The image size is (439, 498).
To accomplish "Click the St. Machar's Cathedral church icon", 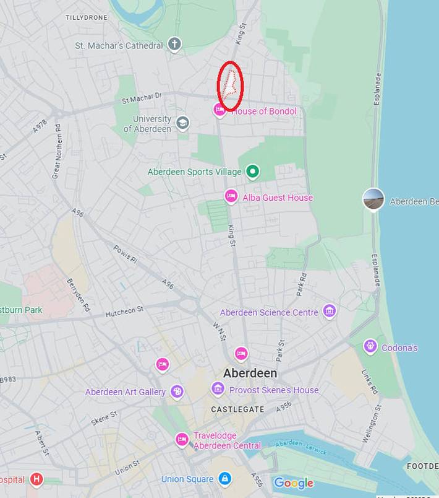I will (175, 45).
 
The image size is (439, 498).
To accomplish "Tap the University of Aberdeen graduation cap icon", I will (182, 123).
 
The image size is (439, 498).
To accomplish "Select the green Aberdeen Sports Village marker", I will (252, 172).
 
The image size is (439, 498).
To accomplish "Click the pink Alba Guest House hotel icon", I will (231, 197).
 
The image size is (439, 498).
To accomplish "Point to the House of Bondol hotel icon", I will (219, 111).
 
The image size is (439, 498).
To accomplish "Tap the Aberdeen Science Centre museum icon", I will (330, 311).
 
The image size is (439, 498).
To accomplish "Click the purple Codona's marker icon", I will (370, 346).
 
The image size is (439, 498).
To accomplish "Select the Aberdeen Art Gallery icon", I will (177, 391).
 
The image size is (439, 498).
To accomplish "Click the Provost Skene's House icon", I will (218, 390).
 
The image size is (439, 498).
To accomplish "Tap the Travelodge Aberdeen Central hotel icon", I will (182, 440).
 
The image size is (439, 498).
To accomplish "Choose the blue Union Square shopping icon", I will (224, 479).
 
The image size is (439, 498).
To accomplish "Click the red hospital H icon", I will (37, 479).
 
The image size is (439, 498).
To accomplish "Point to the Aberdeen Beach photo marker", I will (373, 199).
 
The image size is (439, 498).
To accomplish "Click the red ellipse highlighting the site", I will (230, 86).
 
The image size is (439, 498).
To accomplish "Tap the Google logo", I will (293, 483).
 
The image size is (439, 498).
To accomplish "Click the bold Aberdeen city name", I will (250, 373).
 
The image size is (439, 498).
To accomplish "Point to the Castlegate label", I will (237, 409).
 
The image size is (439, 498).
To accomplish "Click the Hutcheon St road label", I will (124, 310).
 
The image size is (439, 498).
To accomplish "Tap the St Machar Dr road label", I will (141, 97).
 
